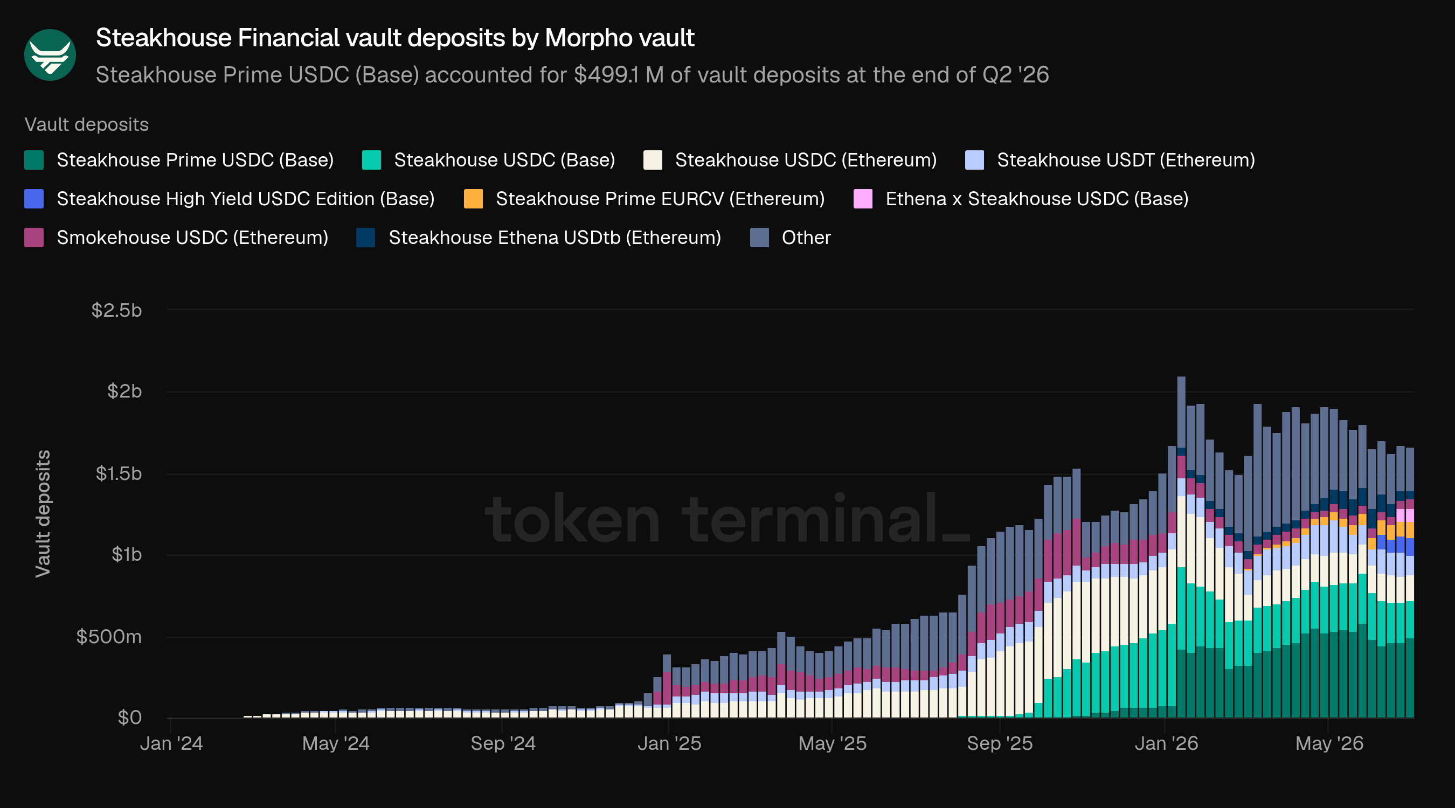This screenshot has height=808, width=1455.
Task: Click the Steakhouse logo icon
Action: click(x=50, y=55)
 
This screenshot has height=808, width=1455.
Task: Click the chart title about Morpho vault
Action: click(x=395, y=38)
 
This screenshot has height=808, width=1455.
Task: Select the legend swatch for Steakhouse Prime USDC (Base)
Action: click(x=34, y=160)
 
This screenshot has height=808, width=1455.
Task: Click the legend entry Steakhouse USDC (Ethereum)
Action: click(x=790, y=160)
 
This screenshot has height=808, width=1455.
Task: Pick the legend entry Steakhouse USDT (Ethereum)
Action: click(x=1111, y=160)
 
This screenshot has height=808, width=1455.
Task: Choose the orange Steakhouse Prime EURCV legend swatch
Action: click(x=473, y=199)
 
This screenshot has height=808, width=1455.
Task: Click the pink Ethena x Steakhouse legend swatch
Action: click(x=863, y=199)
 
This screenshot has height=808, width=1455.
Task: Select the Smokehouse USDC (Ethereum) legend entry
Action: click(x=176, y=238)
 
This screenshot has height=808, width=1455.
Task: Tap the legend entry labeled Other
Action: click(x=791, y=238)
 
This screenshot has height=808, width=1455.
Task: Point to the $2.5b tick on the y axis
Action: click(x=116, y=310)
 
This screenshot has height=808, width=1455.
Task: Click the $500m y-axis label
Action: click(x=109, y=636)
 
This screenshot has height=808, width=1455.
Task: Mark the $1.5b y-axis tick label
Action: click(x=119, y=473)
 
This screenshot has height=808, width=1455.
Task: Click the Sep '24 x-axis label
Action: click(x=503, y=743)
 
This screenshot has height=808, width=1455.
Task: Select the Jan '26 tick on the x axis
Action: click(x=1166, y=743)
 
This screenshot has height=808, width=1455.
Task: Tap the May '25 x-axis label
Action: click(x=832, y=743)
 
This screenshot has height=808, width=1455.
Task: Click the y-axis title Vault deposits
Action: click(x=43, y=514)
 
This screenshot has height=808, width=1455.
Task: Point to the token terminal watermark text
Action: click(x=727, y=518)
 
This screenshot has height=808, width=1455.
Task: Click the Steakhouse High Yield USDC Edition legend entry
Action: click(x=230, y=199)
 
